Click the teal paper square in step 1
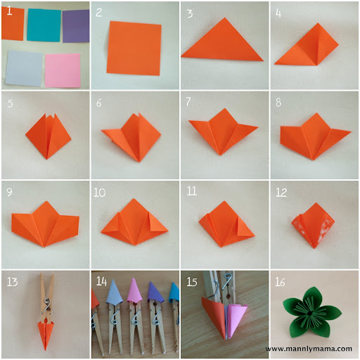tap(44, 25)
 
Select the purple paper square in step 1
tap(76, 26)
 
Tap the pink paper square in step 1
tap(63, 70)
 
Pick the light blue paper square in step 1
tap(24, 68)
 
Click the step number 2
tap(99, 12)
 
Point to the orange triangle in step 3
tap(223, 42)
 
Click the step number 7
tap(188, 101)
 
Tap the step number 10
tap(100, 192)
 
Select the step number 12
tap(281, 193)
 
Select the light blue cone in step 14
tap(114, 292)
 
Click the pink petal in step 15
tap(236, 320)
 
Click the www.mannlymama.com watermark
tap(309, 349)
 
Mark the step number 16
tap(280, 282)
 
